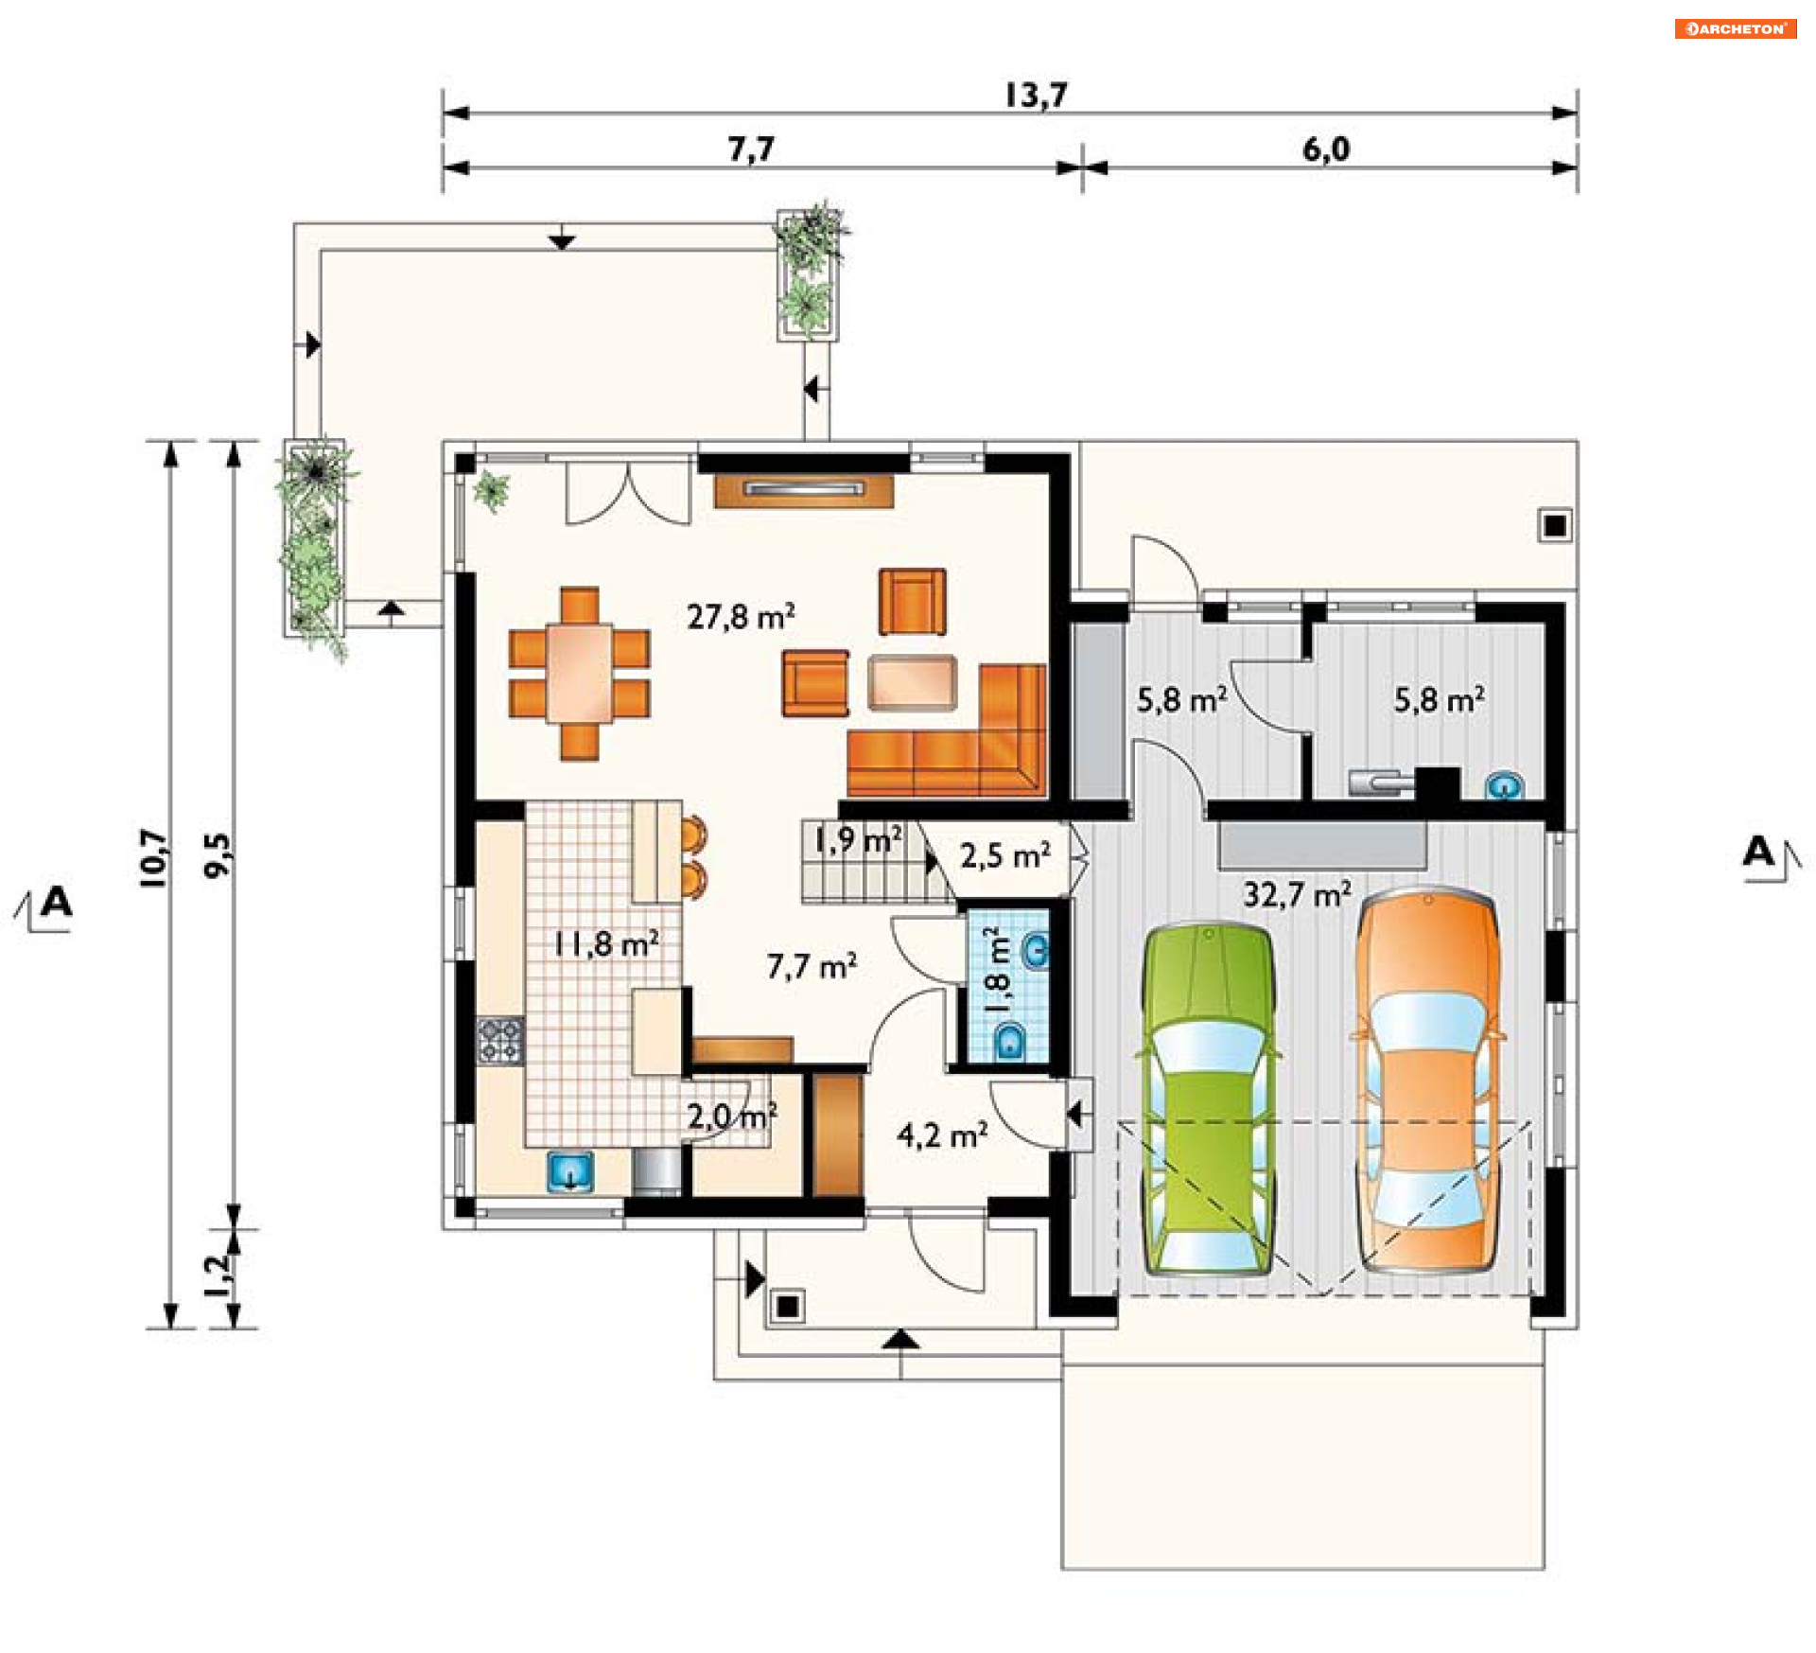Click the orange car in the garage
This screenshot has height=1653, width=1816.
[x=1427, y=1080]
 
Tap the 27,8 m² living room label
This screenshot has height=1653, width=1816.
[x=741, y=617]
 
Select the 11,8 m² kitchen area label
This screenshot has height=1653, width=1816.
[x=606, y=943]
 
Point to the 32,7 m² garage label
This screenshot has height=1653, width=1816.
[x=1297, y=894]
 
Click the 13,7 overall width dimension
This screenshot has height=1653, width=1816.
[x=1036, y=95]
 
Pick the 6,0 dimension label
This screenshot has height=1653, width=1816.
[x=1326, y=149]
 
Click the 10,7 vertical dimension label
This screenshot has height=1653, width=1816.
[x=153, y=857]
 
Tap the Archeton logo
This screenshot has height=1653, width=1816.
[x=1736, y=28]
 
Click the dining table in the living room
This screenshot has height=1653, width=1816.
[x=579, y=673]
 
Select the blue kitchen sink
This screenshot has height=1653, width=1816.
[x=570, y=1171]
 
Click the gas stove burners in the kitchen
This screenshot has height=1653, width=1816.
[x=499, y=1041]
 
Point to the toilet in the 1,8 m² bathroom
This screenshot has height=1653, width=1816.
[x=1011, y=1041]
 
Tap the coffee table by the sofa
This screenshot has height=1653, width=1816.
[x=912, y=681]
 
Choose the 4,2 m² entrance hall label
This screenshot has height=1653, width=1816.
[x=943, y=1134]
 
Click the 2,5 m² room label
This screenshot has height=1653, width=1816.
[x=1005, y=855]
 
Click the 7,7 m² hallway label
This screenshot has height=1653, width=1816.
[x=812, y=966]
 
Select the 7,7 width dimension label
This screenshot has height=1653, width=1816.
[x=751, y=149]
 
